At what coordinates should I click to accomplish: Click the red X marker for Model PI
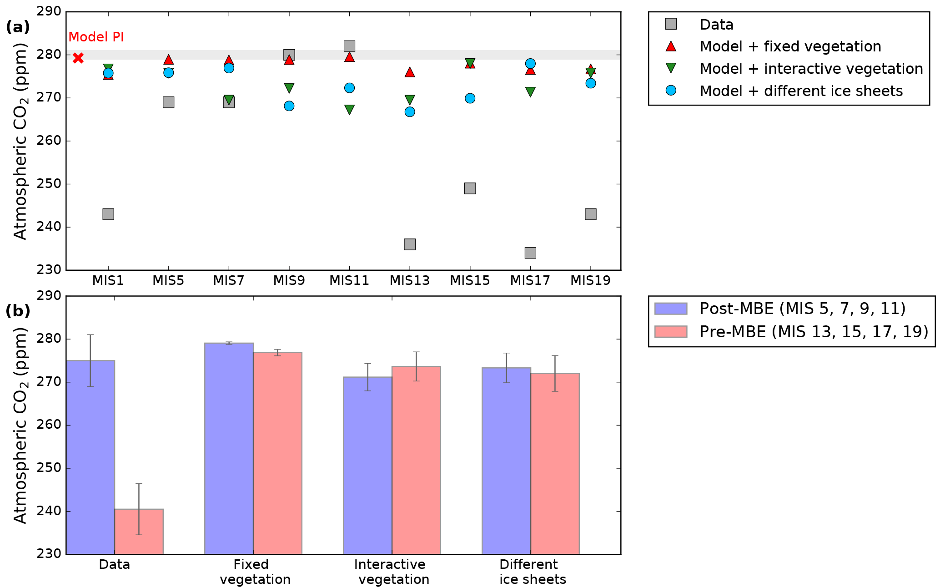click(x=78, y=58)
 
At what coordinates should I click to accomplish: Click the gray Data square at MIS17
click(x=530, y=253)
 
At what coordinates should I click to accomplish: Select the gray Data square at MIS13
click(x=410, y=244)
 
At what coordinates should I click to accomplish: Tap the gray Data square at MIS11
click(x=349, y=46)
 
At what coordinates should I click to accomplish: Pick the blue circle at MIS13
click(x=410, y=112)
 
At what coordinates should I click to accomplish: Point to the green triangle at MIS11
click(x=349, y=110)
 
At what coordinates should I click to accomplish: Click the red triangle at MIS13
click(x=410, y=72)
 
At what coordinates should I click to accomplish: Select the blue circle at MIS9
click(x=289, y=106)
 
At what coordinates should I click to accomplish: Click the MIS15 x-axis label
click(x=470, y=280)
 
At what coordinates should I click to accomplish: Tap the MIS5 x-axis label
click(x=168, y=280)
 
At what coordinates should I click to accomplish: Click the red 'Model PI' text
click(x=96, y=37)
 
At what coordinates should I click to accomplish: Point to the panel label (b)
click(x=18, y=311)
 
